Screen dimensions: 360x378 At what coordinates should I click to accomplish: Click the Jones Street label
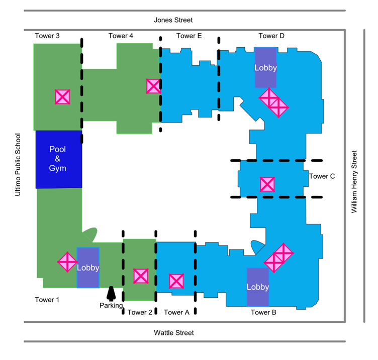pos(173,20)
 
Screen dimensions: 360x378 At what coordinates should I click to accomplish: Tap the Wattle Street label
pos(173,332)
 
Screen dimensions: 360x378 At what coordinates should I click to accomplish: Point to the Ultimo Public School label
pos(18,164)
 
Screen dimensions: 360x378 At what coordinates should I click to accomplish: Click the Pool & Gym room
pos(58,159)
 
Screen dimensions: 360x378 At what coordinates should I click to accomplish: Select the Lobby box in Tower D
pos(265,68)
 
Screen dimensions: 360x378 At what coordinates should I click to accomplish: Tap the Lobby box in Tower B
pos(258,287)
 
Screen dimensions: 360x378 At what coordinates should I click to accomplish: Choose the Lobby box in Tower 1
pos(88,268)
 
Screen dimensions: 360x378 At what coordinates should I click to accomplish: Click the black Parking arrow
pos(112,293)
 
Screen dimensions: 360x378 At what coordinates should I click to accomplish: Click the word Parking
pos(111,305)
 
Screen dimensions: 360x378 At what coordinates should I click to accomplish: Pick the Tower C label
pos(322,176)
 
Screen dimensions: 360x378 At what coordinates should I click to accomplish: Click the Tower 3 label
pos(47,36)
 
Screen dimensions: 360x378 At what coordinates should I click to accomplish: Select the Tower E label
pos(189,36)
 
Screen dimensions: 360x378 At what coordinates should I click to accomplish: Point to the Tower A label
pos(176,312)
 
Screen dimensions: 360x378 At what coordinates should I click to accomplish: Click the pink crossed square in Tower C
pos(267,184)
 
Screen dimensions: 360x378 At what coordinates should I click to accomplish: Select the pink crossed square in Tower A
pos(176,281)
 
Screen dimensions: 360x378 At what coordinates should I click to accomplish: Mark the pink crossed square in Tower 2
pos(141,276)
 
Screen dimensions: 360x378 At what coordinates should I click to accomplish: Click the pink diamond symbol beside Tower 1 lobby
pos(67,261)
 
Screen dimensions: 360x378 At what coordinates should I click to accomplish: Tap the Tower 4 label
pos(121,36)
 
